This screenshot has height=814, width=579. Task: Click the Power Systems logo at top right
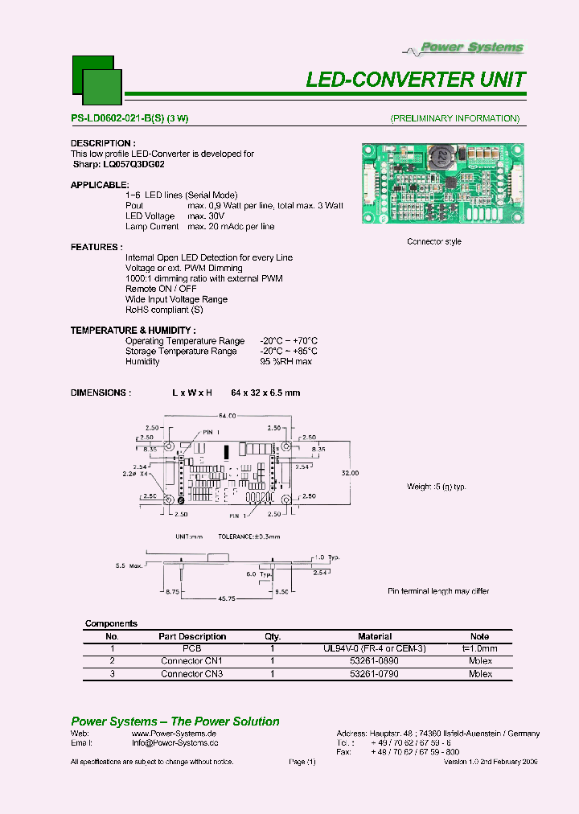click(473, 48)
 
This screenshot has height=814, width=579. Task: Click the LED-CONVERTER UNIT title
click(416, 80)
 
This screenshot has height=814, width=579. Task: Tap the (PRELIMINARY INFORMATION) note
click(455, 118)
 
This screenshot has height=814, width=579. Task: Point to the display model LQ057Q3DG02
click(133, 164)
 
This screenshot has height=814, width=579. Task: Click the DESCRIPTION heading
click(101, 143)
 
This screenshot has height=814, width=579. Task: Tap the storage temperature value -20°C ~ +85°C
click(289, 351)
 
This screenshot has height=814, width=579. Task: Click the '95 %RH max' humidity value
click(285, 361)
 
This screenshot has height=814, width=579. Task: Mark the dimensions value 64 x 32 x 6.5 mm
click(265, 393)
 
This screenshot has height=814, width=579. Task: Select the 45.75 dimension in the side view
click(226, 598)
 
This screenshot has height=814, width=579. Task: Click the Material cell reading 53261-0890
click(375, 661)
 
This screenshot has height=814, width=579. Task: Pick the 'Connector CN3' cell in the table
click(191, 674)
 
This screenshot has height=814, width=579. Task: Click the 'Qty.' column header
click(273, 636)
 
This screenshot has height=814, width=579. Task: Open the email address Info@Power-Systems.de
click(175, 744)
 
